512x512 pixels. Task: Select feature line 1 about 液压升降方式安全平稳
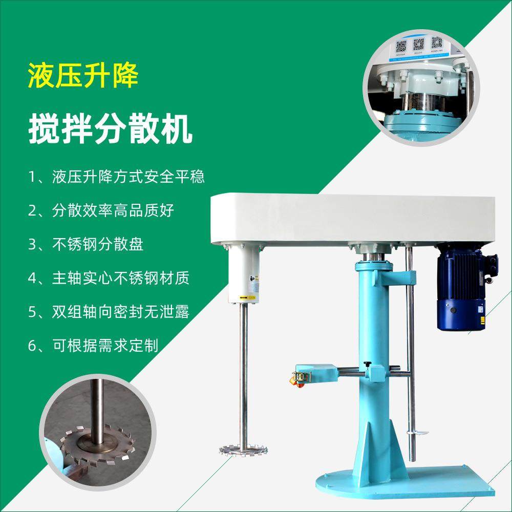click(x=117, y=177)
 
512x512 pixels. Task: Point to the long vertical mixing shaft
click(x=244, y=374)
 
